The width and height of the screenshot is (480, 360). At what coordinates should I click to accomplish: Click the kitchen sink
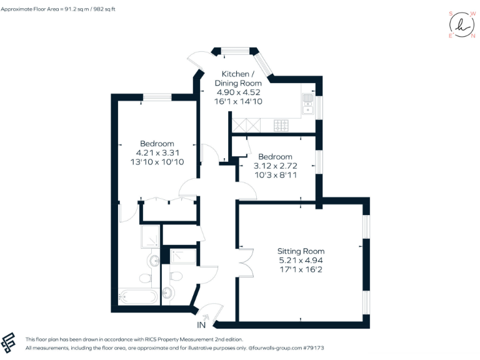click(x=307, y=104)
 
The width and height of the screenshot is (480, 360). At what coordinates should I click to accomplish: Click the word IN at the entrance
click(x=201, y=326)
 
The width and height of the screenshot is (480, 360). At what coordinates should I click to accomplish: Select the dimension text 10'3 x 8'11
click(x=275, y=176)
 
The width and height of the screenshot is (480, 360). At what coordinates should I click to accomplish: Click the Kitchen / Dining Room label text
click(x=238, y=78)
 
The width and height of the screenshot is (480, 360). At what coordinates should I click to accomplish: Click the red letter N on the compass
click(x=472, y=36)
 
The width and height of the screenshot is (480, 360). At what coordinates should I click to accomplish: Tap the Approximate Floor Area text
click(x=67, y=9)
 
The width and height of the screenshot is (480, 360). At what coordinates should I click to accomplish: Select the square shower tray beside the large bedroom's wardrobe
click(x=150, y=237)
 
